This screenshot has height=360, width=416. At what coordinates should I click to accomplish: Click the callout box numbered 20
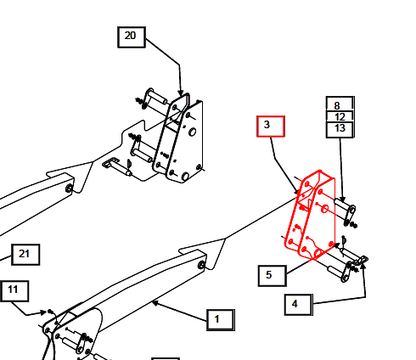click(132, 37)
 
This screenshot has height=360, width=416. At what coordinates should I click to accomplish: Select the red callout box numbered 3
click(271, 127)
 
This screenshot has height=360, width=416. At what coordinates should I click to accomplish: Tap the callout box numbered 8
click(340, 104)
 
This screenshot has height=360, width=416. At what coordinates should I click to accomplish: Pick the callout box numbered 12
click(340, 116)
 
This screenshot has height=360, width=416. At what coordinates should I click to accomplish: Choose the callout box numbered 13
click(340, 130)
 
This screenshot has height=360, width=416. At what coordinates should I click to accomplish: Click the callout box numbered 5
click(273, 276)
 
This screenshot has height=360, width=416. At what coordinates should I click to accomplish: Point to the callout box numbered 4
click(299, 305)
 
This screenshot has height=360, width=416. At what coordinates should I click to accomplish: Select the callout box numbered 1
click(221, 320)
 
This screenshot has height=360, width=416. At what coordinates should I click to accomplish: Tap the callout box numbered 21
click(25, 255)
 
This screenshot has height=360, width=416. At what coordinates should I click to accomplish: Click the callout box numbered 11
click(14, 291)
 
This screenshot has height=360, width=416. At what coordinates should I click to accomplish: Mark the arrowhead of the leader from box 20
click(180, 93)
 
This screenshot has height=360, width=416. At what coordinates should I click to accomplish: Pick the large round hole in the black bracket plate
click(192, 132)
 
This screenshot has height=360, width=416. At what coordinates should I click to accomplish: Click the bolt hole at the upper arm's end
click(69, 188)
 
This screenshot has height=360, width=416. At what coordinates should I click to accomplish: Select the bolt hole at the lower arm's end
click(201, 265)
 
